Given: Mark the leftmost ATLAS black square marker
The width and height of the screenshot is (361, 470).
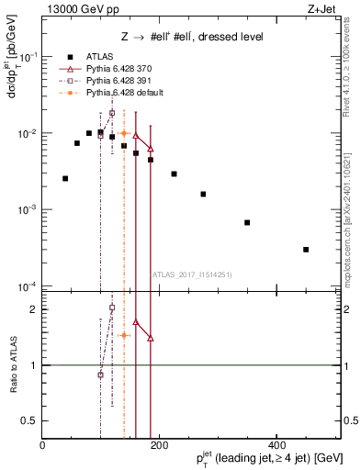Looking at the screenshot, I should pos(65,178).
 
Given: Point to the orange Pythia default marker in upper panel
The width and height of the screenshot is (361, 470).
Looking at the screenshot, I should pos(124,134).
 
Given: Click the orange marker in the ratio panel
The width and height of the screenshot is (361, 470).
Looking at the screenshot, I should pos(124,335).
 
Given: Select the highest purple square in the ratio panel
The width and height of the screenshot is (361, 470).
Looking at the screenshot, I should pos(112,308).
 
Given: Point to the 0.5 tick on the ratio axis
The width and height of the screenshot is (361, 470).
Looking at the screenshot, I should pos(32,420).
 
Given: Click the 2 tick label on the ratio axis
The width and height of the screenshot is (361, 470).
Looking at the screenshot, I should pos(35,309).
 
